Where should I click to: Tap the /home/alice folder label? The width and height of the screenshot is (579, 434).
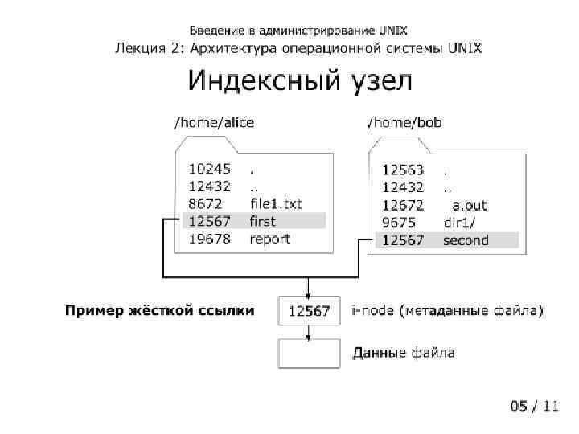click(214, 123)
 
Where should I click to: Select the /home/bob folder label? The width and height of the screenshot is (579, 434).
click(404, 123)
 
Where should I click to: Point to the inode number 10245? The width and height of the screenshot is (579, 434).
click(209, 170)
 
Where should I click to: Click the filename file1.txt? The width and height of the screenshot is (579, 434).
click(276, 204)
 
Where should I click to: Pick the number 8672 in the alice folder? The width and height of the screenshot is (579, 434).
click(204, 204)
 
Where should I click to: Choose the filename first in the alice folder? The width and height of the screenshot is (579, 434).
click(262, 221)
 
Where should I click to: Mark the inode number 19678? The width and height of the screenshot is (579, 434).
click(209, 239)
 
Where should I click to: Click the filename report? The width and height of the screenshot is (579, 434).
click(269, 239)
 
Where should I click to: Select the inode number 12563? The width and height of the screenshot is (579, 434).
click(402, 170)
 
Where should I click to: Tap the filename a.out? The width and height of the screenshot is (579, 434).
click(470, 205)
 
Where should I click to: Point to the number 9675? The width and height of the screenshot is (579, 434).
click(397, 223)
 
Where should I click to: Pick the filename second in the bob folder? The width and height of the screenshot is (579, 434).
click(466, 240)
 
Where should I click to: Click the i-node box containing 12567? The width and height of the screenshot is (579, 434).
click(308, 311)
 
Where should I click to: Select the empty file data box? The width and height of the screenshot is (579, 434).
click(308, 354)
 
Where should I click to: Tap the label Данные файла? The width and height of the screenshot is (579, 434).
click(404, 353)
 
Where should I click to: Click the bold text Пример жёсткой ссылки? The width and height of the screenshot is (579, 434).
click(160, 310)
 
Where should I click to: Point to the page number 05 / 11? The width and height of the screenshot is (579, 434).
click(534, 406)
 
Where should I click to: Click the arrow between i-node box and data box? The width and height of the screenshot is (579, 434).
click(308, 332)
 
